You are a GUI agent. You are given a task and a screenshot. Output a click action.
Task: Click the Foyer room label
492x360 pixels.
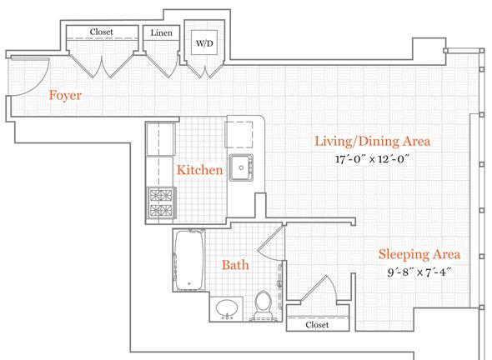(x=65, y=95)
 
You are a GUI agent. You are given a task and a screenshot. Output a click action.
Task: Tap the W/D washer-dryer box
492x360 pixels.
(x=204, y=42)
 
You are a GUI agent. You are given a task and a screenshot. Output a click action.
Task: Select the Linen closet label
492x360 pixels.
(x=161, y=32)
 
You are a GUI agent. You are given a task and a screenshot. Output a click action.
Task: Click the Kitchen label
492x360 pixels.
(x=200, y=170)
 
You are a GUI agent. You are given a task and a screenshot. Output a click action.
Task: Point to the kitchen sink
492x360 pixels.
(x=241, y=167)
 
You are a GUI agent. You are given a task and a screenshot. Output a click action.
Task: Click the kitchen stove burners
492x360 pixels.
(x=161, y=202)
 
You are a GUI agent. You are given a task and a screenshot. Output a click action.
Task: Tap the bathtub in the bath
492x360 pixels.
(x=189, y=260)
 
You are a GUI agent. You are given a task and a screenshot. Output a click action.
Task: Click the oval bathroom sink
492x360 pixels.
(x=227, y=309)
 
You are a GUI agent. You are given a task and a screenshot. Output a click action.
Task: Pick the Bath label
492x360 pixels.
(x=235, y=265)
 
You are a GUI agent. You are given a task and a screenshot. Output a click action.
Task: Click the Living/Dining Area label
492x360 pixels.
(x=373, y=142)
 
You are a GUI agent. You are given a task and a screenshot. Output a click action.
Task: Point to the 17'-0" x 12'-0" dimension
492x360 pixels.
(x=371, y=159)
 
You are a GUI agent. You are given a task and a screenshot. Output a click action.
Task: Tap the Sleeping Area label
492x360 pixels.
(x=419, y=254)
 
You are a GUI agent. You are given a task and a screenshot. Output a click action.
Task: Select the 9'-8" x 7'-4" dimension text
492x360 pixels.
(x=419, y=272)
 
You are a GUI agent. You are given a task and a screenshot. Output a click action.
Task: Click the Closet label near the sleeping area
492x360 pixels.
(x=317, y=325)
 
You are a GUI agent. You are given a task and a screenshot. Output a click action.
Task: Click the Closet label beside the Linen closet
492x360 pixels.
(x=101, y=32)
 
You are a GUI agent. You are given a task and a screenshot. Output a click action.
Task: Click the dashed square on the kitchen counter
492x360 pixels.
(x=239, y=134)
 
